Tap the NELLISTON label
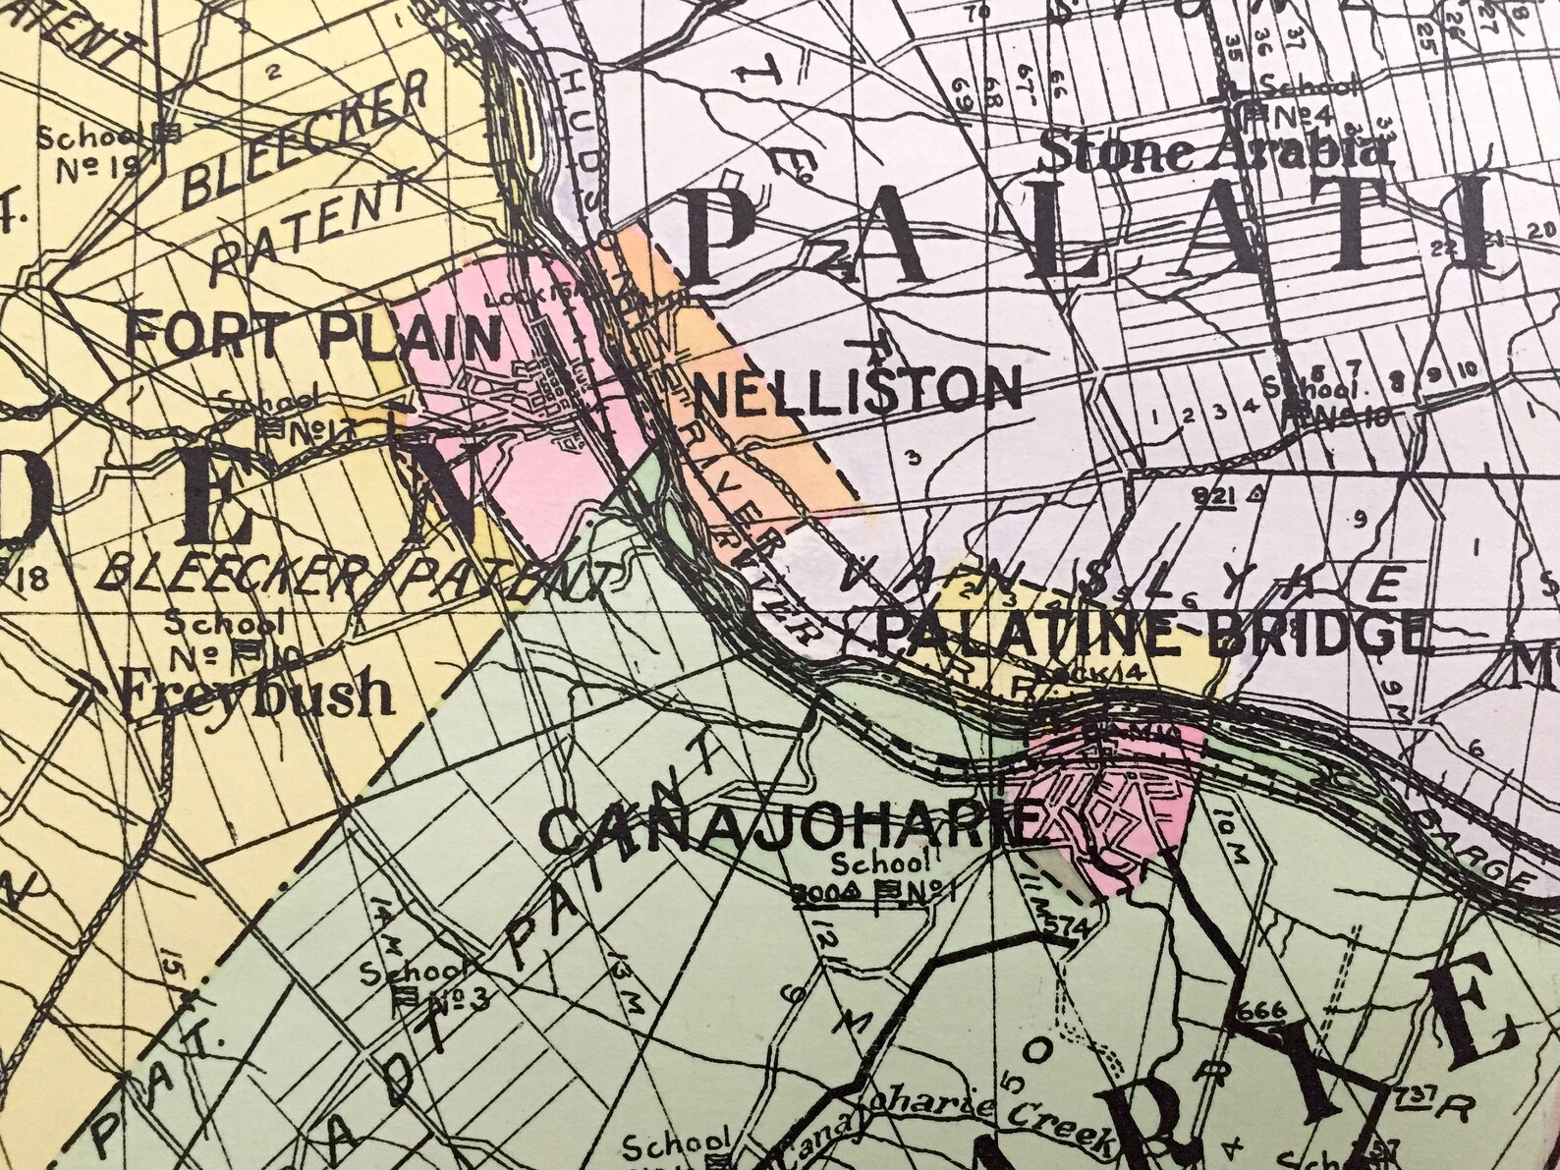(858, 389)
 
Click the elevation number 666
(1260, 1012)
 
